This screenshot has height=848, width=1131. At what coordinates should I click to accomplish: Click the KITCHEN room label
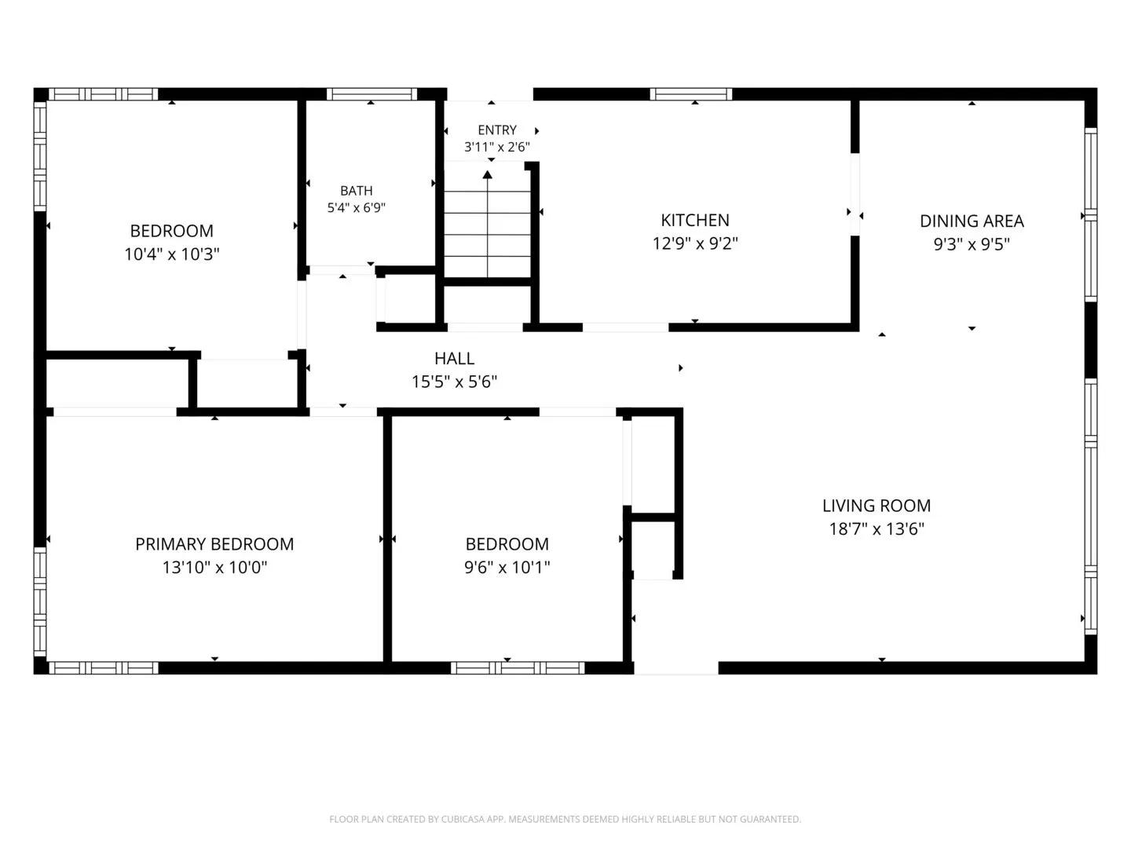[x=694, y=221]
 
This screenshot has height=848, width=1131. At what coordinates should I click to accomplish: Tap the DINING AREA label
[x=972, y=221]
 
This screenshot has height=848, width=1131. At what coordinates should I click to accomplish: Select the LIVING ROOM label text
[x=877, y=506]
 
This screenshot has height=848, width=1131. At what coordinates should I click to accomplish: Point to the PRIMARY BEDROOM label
[x=214, y=544]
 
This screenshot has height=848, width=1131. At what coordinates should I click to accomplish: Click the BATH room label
[x=356, y=191]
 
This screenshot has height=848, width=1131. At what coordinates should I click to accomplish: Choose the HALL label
[x=454, y=358]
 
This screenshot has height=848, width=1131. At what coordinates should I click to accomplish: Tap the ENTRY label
[x=496, y=130]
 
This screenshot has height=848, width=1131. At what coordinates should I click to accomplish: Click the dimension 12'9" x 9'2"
[x=695, y=243]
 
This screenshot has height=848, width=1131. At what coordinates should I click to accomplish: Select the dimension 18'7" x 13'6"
[x=877, y=529]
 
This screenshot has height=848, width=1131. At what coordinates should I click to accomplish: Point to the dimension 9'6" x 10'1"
[x=507, y=568]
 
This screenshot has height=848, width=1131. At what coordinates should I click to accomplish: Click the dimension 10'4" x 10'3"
[x=171, y=254]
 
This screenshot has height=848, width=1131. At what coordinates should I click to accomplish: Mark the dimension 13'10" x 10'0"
[x=214, y=568]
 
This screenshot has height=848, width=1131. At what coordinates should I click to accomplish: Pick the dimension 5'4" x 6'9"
[x=356, y=208]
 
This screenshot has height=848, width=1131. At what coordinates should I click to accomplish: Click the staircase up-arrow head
[x=488, y=174]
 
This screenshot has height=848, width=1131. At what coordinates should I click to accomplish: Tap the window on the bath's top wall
[x=372, y=94]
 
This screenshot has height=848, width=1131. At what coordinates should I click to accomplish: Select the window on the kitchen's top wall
[x=691, y=94]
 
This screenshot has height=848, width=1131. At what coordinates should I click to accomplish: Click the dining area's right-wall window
[x=1090, y=214]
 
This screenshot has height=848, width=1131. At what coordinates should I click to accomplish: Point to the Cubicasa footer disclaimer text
[x=565, y=819]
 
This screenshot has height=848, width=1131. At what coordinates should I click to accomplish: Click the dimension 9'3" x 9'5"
[x=972, y=244]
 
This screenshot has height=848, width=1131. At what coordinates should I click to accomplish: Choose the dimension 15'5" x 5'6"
[x=454, y=382]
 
